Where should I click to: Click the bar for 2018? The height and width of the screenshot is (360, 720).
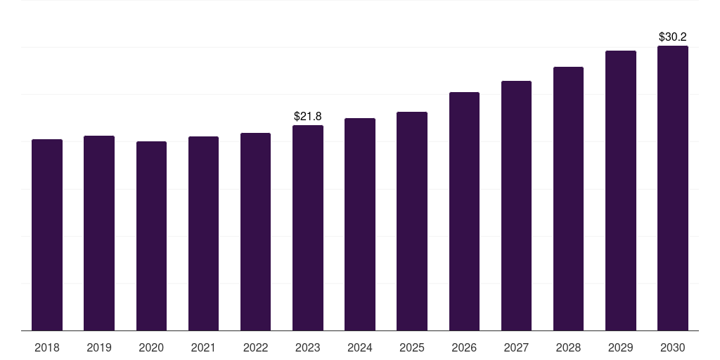pyautogui.click(x=47, y=235)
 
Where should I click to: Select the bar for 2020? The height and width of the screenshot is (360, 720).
pyautogui.click(x=151, y=236)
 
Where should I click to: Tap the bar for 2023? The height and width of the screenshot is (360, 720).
pyautogui.click(x=308, y=228)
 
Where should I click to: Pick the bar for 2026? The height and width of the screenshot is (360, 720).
pyautogui.click(x=464, y=211)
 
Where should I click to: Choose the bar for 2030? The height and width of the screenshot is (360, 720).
pyautogui.click(x=673, y=188)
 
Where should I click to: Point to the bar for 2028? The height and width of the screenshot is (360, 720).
pyautogui.click(x=568, y=198)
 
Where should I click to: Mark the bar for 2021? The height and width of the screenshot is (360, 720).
pyautogui.click(x=203, y=233)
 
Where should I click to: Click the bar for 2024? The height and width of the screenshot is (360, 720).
pyautogui.click(x=360, y=224)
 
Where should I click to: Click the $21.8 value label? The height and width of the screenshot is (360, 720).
pyautogui.click(x=308, y=116)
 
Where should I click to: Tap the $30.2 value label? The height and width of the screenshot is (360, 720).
pyautogui.click(x=673, y=37)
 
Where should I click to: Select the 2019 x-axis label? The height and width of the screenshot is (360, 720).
pyautogui.click(x=99, y=347)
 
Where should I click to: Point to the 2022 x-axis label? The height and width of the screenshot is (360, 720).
pyautogui.click(x=255, y=347)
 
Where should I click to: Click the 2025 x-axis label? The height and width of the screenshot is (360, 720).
pyautogui.click(x=412, y=347)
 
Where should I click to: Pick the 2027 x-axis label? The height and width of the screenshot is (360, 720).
pyautogui.click(x=516, y=347)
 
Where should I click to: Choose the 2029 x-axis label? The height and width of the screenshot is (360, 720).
pyautogui.click(x=620, y=347)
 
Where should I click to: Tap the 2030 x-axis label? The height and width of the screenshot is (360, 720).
pyautogui.click(x=673, y=347)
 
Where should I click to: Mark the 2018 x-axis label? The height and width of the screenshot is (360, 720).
pyautogui.click(x=47, y=347)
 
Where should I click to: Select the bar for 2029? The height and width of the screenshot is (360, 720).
pyautogui.click(x=621, y=191)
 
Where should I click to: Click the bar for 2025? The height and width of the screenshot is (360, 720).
pyautogui.click(x=412, y=221)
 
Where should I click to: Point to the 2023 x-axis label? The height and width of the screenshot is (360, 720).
pyautogui.click(x=308, y=347)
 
